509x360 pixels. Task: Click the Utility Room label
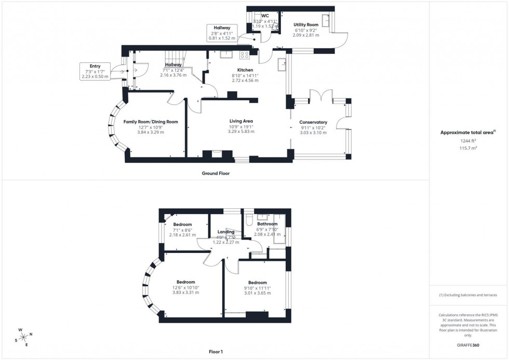click(x=305, y=25)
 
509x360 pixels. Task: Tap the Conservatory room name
click(x=313, y=122)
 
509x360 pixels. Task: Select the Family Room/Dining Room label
click(x=151, y=122)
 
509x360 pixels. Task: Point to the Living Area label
click(x=240, y=121)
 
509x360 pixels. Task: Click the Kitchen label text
click(x=245, y=70)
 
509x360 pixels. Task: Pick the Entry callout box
click(x=95, y=71)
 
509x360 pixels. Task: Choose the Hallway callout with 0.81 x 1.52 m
click(x=222, y=33)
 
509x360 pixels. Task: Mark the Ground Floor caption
click(x=216, y=174)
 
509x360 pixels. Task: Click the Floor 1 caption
click(x=215, y=352)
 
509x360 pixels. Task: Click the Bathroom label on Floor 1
click(x=267, y=224)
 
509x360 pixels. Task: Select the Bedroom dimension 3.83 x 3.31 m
click(x=182, y=292)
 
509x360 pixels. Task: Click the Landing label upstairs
click(x=226, y=232)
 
